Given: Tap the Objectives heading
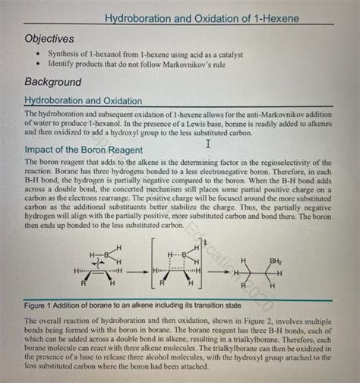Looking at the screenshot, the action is tap(49, 39).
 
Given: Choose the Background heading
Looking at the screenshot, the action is tap(53, 82).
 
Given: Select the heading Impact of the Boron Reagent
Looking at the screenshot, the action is tap(84, 150).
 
